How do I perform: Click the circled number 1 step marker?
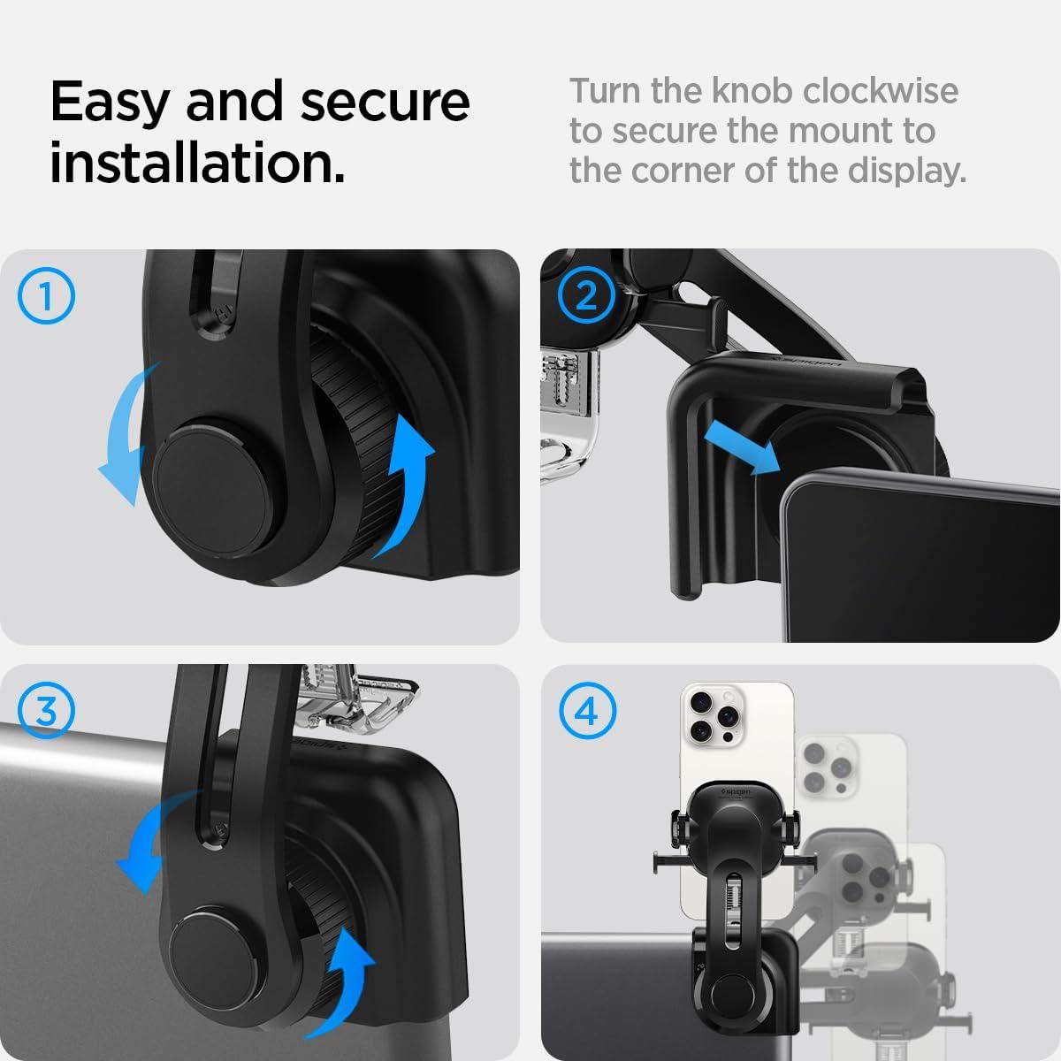[x=47, y=297]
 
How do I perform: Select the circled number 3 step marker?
[x=47, y=711]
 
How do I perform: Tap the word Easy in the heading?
[x=109, y=102]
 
